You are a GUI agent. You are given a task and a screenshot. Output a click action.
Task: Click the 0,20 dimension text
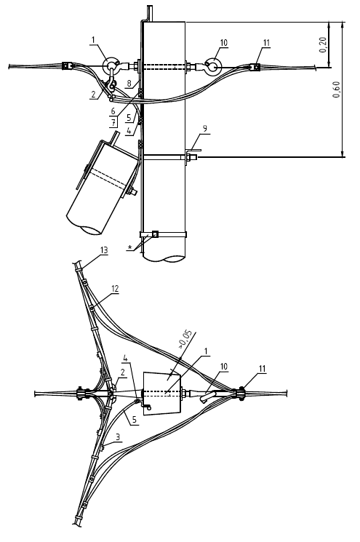[323, 45]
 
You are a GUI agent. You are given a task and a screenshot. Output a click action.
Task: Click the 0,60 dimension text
[337, 89]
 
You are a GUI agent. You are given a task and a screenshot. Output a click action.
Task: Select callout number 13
[104, 250]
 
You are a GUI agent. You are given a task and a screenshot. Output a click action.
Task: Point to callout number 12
[115, 289]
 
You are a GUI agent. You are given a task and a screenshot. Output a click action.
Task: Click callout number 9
[205, 129]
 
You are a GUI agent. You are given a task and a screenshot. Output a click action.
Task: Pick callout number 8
[129, 84]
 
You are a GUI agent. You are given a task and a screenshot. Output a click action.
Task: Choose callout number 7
[113, 122]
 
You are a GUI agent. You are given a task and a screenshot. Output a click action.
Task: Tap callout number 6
[113, 111]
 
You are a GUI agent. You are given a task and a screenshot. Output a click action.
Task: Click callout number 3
[118, 437]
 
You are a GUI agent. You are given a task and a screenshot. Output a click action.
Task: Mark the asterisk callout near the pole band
[129, 247]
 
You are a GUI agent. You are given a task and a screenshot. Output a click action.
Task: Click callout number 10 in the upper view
[224, 42]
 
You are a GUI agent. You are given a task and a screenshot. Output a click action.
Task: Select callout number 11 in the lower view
[263, 369]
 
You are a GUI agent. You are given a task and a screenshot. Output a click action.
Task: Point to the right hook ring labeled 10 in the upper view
[212, 65]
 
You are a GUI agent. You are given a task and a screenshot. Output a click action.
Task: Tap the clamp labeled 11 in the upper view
[256, 66]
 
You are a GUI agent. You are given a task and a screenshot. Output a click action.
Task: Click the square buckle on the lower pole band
[155, 234]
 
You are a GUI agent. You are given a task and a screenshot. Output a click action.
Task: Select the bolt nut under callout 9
[188, 158]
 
